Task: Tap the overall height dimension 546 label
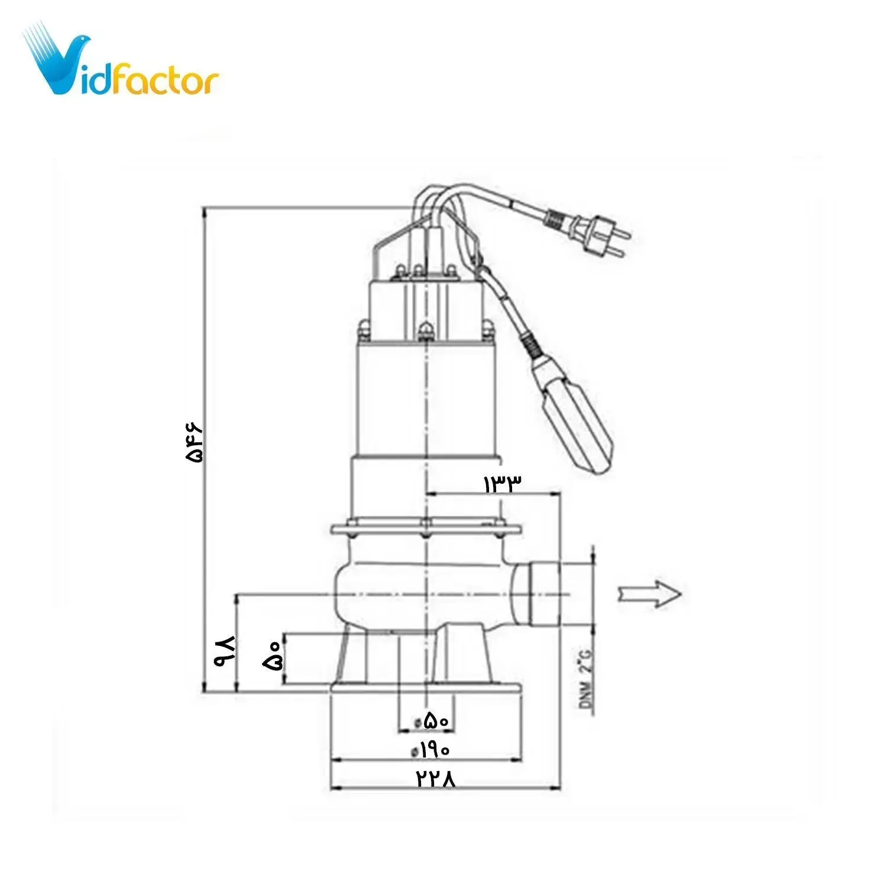(x=193, y=441)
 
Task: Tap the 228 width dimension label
(x=436, y=779)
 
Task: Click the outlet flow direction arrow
(x=649, y=594)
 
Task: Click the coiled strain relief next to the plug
(x=554, y=220)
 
